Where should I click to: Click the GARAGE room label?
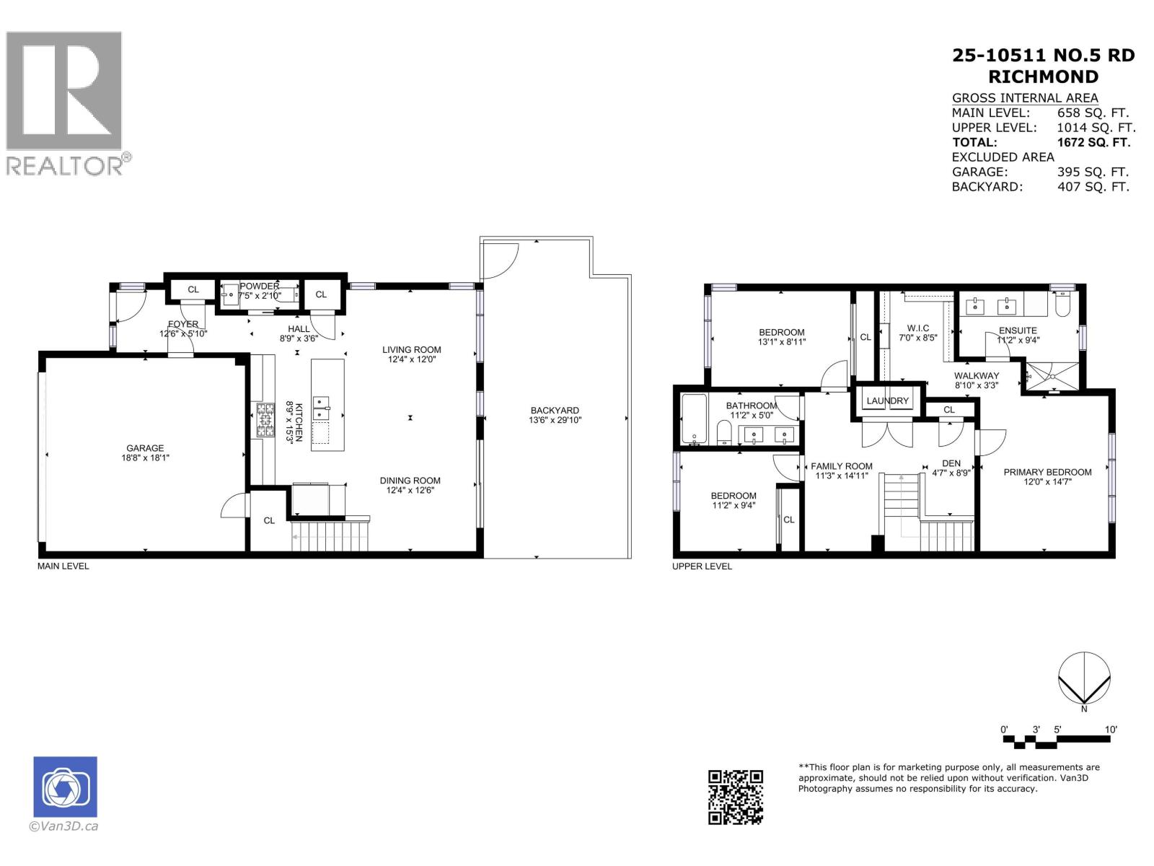(x=145, y=448)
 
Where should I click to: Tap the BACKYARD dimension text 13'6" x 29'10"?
(x=555, y=420)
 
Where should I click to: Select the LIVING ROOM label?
(x=412, y=349)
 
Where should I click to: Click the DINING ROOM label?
(x=410, y=481)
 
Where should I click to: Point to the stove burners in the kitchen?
(x=264, y=420)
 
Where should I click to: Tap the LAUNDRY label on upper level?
(x=888, y=401)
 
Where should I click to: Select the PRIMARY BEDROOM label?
(x=1047, y=472)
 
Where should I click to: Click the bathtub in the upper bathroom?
(x=694, y=418)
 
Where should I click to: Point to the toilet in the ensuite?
(x=1062, y=306)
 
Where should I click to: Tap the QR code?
(x=735, y=797)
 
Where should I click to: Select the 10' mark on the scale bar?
(x=1111, y=730)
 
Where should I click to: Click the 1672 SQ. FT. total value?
(x=1093, y=142)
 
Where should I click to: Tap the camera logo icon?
(x=65, y=787)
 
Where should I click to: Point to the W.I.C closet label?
(x=918, y=328)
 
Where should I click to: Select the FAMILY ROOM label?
(x=841, y=466)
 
